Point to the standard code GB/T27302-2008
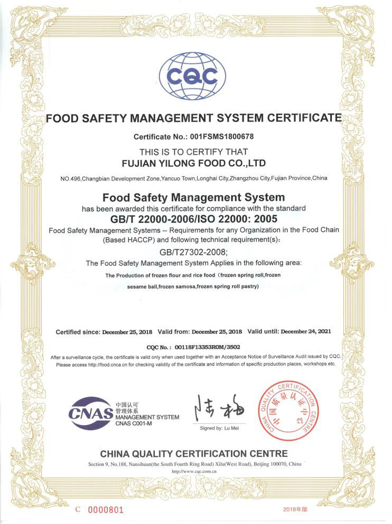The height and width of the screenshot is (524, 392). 196,252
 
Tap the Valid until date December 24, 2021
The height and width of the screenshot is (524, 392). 306,331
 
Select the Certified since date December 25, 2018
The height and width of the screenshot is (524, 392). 127,332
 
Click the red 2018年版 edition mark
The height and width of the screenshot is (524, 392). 295,509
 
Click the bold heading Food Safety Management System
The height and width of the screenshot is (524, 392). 193,198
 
